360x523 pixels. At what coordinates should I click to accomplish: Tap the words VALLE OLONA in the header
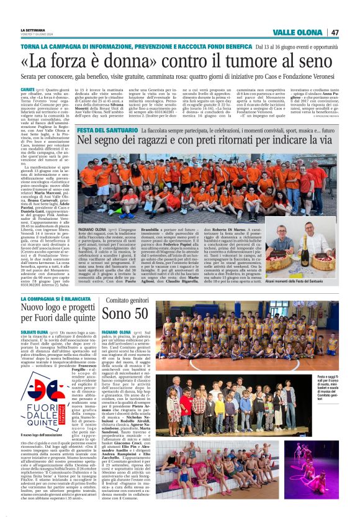[298, 32]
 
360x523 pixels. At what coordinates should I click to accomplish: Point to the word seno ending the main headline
[323, 63]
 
